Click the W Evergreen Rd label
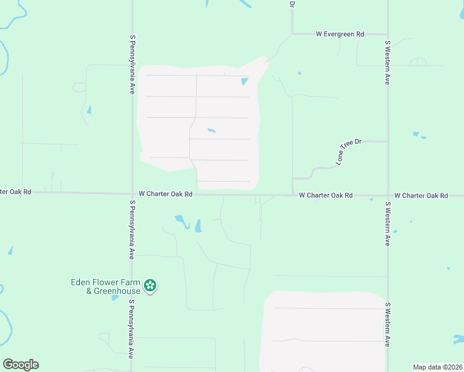click(x=339, y=34)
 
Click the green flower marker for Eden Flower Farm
click(x=149, y=286)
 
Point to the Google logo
click(x=20, y=365)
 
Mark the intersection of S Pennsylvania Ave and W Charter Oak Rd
click(x=132, y=193)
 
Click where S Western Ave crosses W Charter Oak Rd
click(x=388, y=195)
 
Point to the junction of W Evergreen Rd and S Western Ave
click(x=388, y=34)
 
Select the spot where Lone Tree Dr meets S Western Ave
click(x=388, y=141)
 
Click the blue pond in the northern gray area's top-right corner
click(x=244, y=81)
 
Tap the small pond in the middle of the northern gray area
click(x=212, y=130)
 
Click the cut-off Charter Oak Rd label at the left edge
click(x=16, y=192)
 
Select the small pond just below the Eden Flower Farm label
click(x=115, y=298)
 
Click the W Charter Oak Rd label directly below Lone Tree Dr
click(x=326, y=195)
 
